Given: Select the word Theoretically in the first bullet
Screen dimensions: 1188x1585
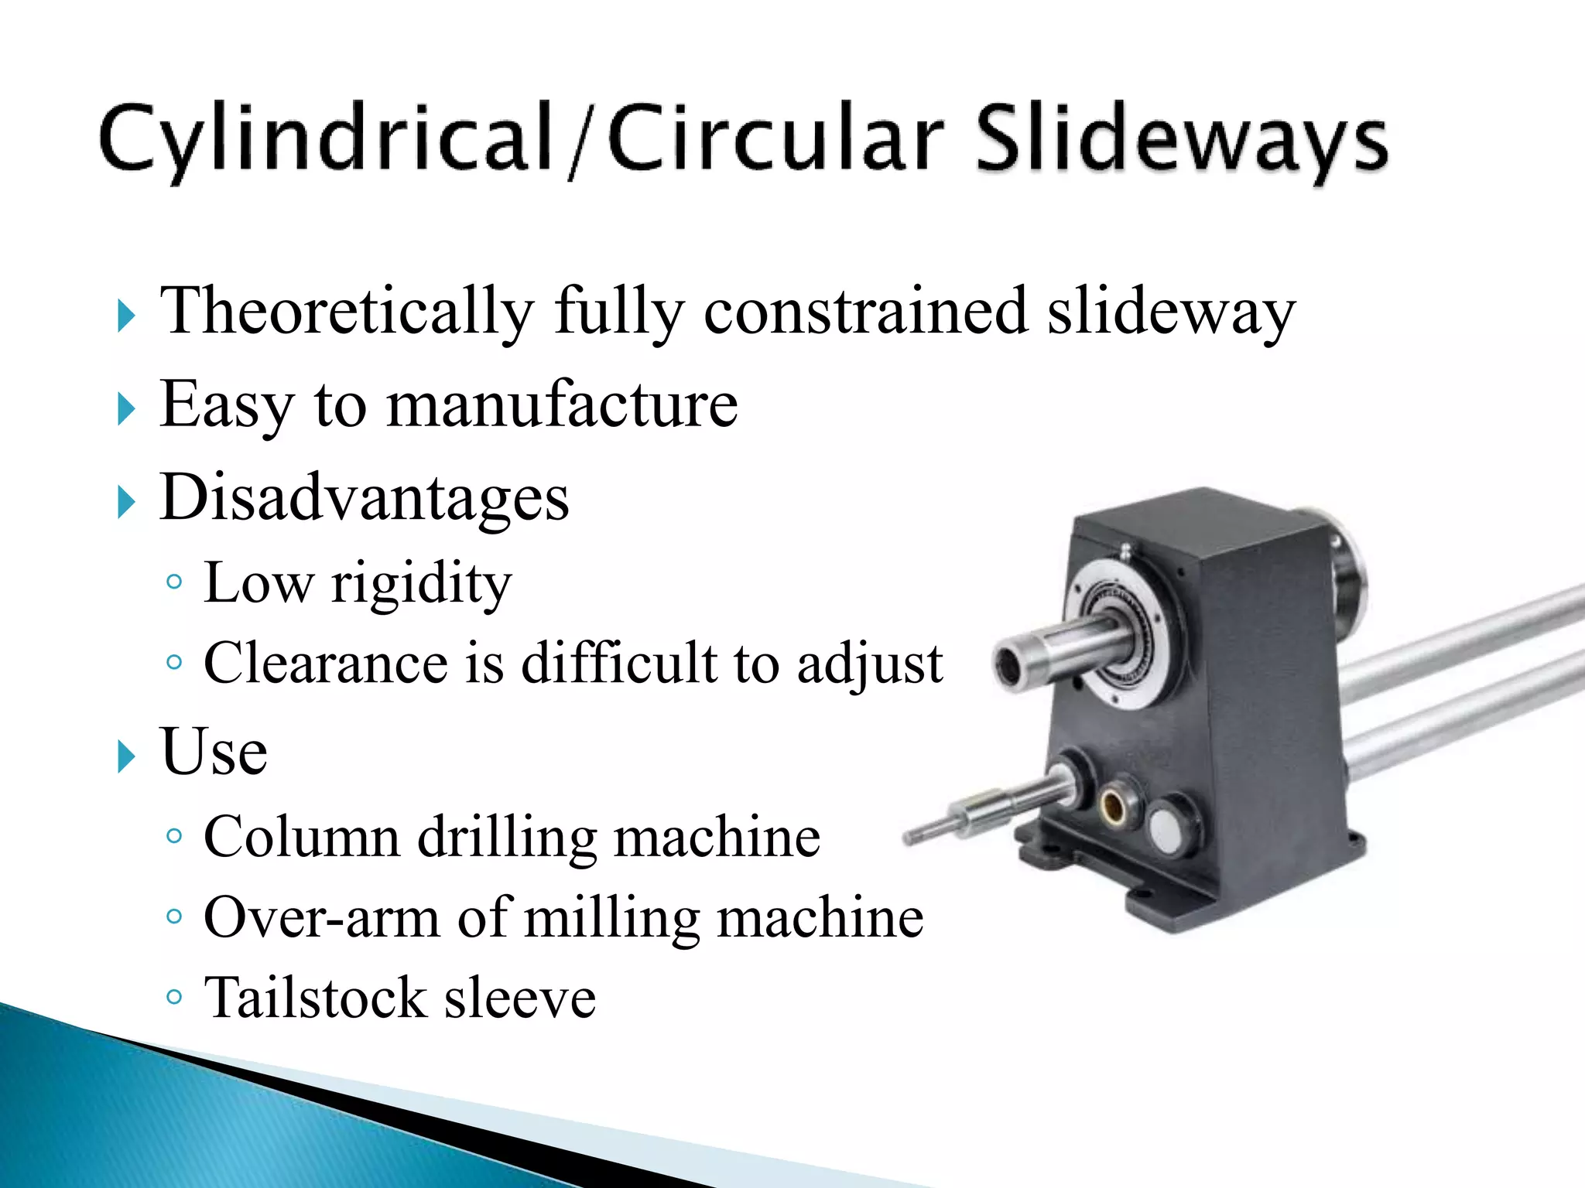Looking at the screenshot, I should tap(347, 311).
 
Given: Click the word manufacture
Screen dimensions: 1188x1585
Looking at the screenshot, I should tap(562, 405).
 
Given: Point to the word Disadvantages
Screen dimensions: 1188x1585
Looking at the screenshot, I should tap(364, 497).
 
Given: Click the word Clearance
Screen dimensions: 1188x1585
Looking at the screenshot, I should tap(325, 663).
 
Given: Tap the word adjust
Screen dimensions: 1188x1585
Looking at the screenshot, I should tap(870, 664).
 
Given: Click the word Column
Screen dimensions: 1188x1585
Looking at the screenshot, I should tap(301, 837).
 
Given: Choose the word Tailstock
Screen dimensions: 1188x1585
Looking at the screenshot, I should tap(314, 998).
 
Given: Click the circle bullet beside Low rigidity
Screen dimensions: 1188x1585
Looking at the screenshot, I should tap(174, 582).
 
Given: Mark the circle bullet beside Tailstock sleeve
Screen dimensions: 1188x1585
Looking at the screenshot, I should tap(174, 996).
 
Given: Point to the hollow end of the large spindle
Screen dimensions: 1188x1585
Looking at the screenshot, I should tap(1009, 665).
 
